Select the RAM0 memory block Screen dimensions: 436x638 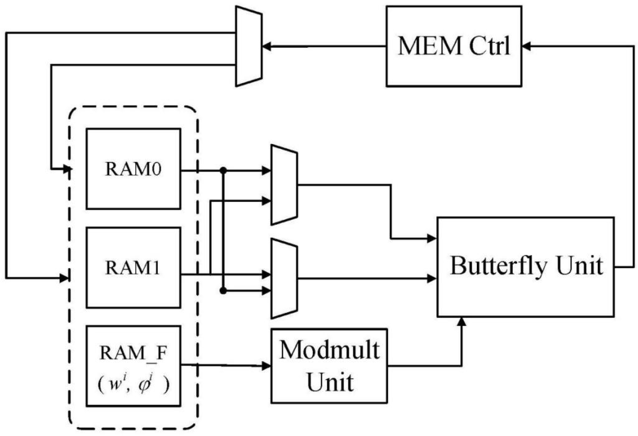pos(133,169)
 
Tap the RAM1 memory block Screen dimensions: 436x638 pos(133,268)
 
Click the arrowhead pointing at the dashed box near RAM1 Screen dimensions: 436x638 pos(64,278)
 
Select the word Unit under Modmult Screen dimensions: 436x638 pos(329,382)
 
